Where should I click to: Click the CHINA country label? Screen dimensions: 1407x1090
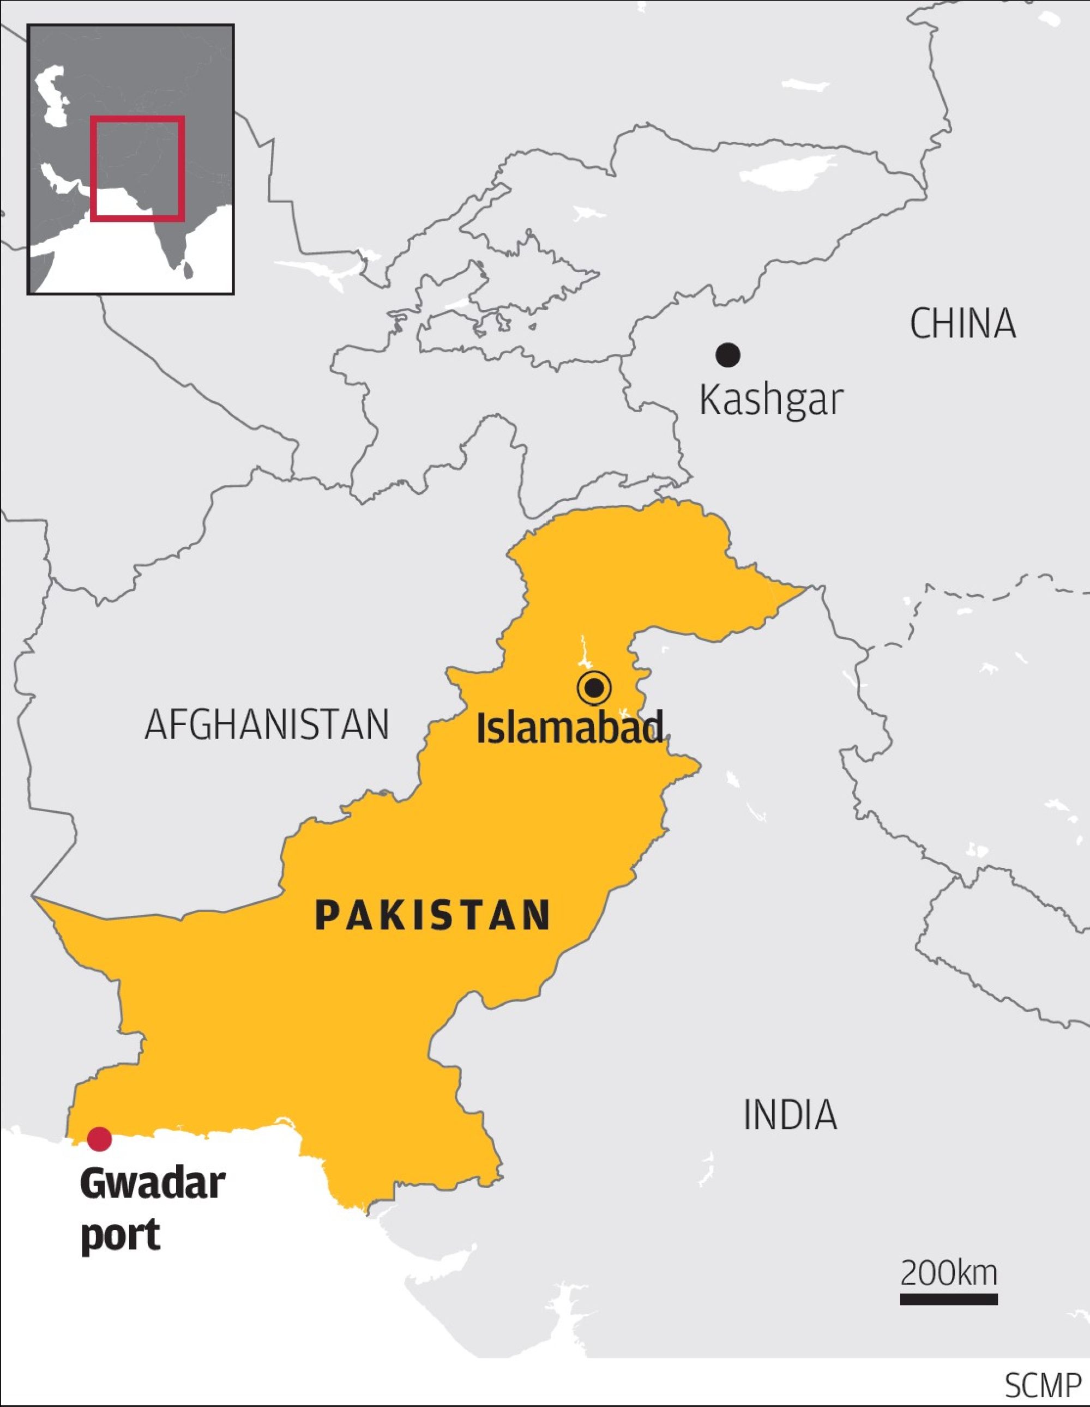(x=962, y=323)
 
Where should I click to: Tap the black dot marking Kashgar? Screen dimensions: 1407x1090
(x=728, y=354)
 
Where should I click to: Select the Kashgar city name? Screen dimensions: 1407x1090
(x=770, y=400)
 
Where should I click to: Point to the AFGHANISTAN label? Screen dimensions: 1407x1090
(x=267, y=724)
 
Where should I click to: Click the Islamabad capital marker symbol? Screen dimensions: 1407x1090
(x=594, y=688)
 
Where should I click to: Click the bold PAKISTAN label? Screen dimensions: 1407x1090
(x=433, y=915)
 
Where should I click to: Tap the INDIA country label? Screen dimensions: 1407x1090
(x=790, y=1115)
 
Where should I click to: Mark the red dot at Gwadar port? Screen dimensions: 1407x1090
(x=99, y=1139)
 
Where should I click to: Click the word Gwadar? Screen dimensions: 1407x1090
(x=153, y=1184)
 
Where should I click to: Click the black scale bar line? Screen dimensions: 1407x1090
(x=948, y=1300)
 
